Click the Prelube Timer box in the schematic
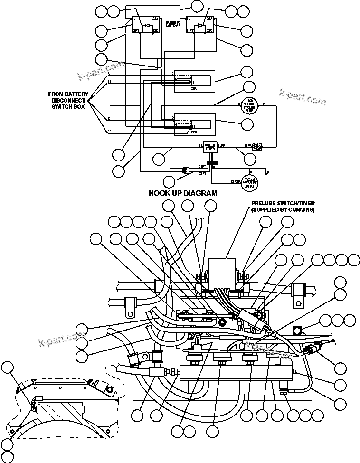210,147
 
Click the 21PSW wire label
235,181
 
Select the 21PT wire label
203,167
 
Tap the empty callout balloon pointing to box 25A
246,73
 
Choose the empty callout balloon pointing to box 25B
246,124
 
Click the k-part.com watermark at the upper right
303,97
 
